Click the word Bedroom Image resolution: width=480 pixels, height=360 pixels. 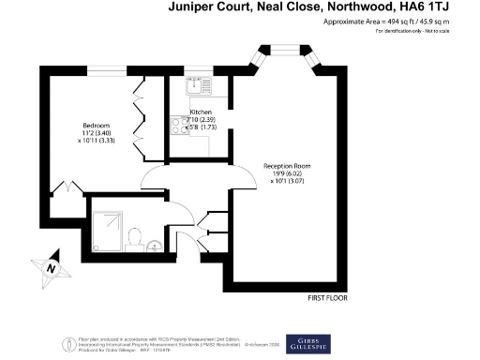(x=97, y=126)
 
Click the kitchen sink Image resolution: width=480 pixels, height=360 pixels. (x=200, y=86)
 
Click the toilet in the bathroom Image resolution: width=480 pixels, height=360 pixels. (x=135, y=234)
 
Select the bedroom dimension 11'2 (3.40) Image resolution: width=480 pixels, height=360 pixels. (x=96, y=134)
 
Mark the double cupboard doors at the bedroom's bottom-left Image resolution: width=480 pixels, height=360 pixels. (x=63, y=190)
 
